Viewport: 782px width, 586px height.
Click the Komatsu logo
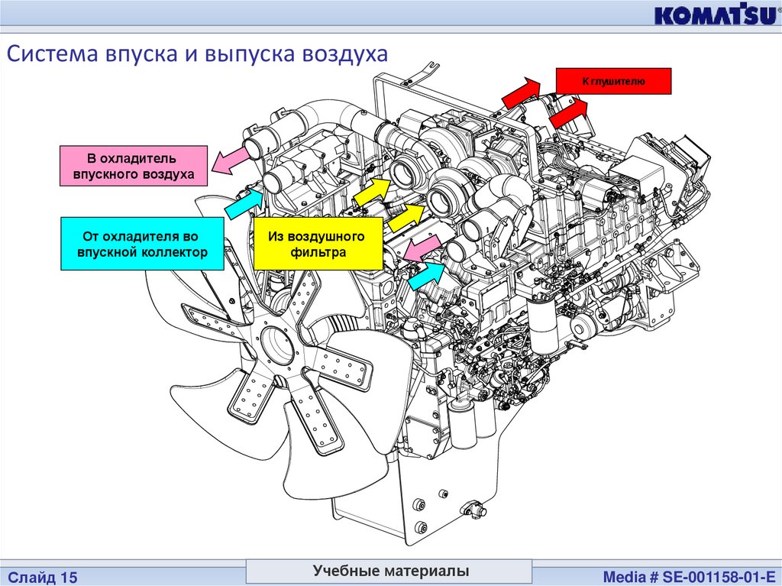coord(714,16)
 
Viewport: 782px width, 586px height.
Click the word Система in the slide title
coord(51,55)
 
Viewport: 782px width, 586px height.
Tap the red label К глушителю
coord(613,81)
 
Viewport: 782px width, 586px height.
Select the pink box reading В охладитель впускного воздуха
coord(133,167)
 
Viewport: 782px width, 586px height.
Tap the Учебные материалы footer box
coord(390,571)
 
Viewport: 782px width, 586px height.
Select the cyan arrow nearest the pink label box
coord(243,203)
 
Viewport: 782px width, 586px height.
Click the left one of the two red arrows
coord(519,92)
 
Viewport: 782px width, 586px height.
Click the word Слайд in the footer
coord(30,575)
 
